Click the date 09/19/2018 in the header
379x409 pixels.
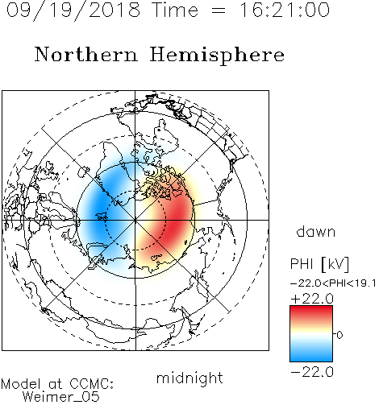[73, 10]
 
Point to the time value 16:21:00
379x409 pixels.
[285, 10]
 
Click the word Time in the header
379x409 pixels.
[175, 10]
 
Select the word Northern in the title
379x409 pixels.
[86, 55]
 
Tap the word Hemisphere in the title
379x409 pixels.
[217, 55]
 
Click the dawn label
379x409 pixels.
[316, 231]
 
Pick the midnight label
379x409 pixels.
[189, 378]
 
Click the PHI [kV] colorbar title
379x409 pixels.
[319, 264]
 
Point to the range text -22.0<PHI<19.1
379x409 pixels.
[333, 283]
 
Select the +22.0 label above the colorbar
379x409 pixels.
[312, 299]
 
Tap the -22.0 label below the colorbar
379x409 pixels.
[312, 372]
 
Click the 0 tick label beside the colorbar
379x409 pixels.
[339, 335]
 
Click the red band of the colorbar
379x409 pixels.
[311, 312]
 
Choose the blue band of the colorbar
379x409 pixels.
[311, 353]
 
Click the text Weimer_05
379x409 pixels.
[61, 397]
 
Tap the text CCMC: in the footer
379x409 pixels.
[91, 384]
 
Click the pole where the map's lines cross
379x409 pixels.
[135, 220]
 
